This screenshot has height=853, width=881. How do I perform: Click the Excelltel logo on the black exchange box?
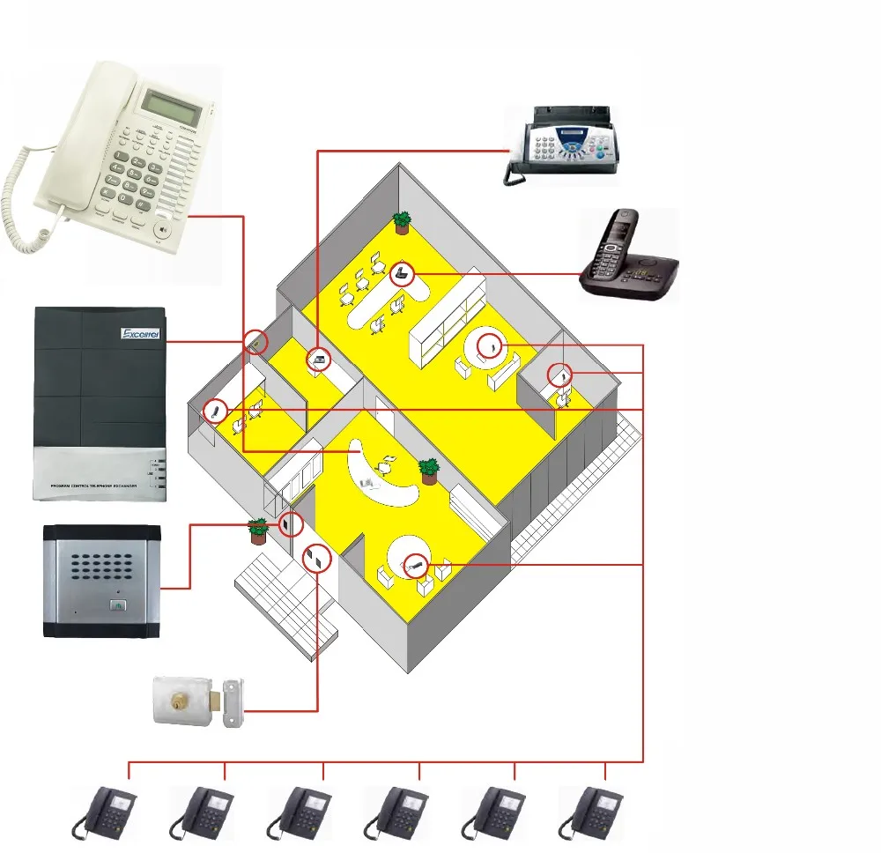click(141, 334)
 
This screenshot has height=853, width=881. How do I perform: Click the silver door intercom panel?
click(102, 581)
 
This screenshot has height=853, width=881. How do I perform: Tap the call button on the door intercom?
click(119, 605)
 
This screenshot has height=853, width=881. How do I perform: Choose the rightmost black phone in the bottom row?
click(592, 812)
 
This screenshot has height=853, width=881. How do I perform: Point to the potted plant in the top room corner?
click(402, 222)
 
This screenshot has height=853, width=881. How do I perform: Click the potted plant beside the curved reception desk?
click(429, 471)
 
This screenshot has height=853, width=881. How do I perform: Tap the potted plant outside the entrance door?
click(258, 530)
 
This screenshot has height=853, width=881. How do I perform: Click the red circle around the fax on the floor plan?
click(319, 360)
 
